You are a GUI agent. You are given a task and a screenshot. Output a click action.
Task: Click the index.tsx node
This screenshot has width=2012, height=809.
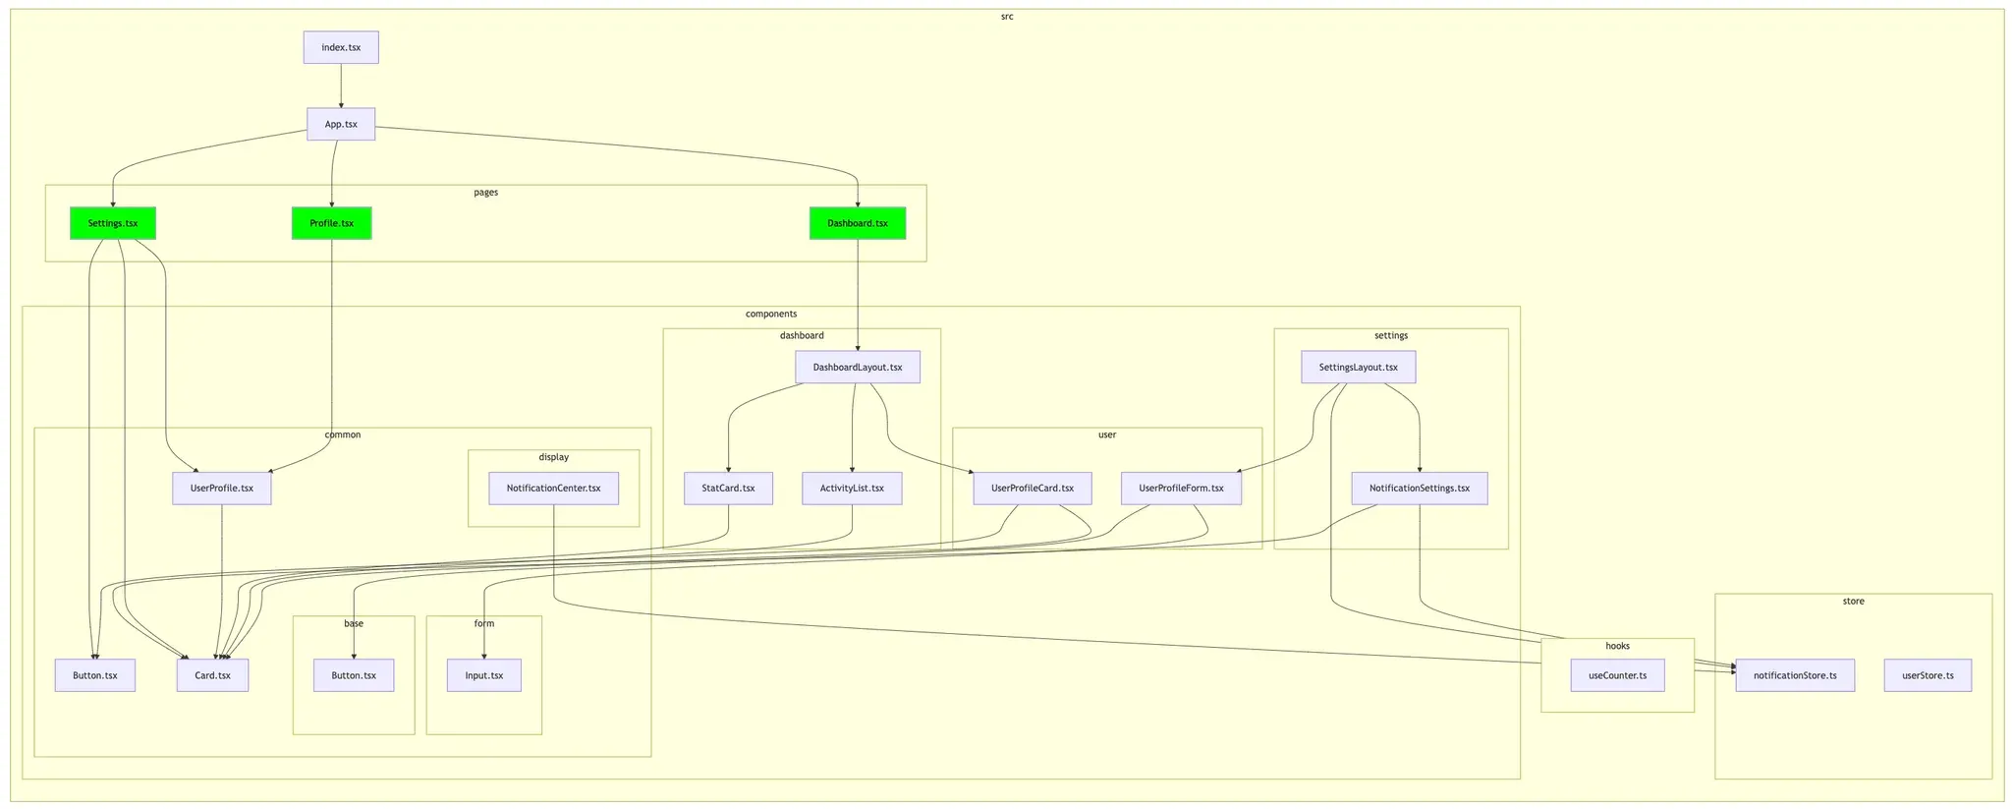coord(341,48)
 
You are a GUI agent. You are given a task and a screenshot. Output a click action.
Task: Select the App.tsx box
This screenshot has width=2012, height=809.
coord(341,125)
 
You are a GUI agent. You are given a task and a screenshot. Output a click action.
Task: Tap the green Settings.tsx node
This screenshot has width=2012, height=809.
coord(113,223)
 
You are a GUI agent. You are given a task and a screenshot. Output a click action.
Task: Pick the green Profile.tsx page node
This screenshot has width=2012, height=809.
coord(332,223)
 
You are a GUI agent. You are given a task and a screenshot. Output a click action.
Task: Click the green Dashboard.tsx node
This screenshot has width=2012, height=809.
coord(858,223)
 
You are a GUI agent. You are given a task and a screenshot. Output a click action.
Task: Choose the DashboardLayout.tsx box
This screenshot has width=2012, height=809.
coord(858,368)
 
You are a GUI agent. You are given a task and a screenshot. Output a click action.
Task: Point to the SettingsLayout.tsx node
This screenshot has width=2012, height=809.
coord(1358,368)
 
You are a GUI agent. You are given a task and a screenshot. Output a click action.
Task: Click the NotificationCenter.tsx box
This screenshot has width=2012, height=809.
coord(554,489)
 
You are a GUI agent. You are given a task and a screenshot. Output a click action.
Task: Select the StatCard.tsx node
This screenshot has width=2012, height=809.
coord(728,489)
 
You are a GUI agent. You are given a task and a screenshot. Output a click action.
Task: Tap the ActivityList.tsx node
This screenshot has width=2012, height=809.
coord(852,489)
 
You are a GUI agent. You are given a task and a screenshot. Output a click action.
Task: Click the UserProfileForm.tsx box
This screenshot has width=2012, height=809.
coord(1181,489)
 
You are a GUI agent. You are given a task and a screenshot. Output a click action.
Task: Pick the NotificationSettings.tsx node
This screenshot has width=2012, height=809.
coord(1420,489)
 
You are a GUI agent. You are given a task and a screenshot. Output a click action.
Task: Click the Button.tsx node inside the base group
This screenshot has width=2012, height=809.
coord(354,675)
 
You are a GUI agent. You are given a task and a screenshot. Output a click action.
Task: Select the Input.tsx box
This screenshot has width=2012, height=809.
coord(484,675)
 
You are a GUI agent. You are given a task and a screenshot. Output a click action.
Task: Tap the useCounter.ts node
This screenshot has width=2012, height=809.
coord(1617,675)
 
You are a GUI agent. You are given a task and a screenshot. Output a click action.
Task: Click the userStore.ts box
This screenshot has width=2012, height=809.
coord(1928,675)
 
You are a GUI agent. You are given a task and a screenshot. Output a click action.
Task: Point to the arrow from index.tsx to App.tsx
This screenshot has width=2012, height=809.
coord(341,86)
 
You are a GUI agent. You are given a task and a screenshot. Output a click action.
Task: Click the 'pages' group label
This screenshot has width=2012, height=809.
coord(485,193)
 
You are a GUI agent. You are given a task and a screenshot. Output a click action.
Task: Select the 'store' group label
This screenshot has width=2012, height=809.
coord(1853,602)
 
